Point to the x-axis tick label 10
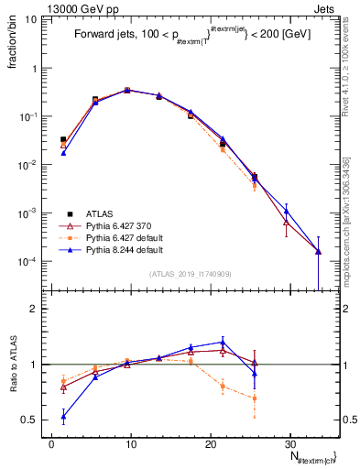pos(131,442)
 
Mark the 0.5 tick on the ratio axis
pos(35,420)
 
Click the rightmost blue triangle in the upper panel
pos(318,251)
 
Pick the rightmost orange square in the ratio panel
pos(254,398)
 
